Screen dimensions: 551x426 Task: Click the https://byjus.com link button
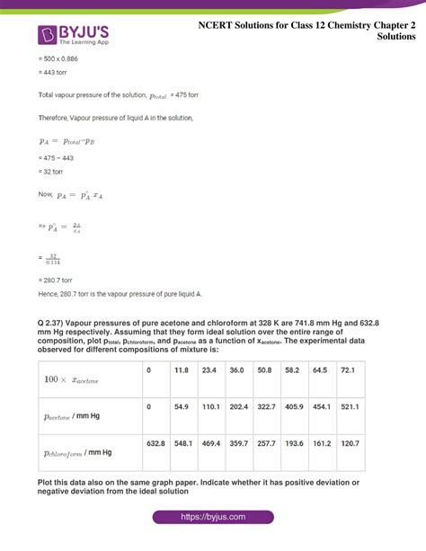coord(212,518)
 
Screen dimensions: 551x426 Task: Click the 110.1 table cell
coord(211,407)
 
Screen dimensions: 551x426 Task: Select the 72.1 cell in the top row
coord(348,369)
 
